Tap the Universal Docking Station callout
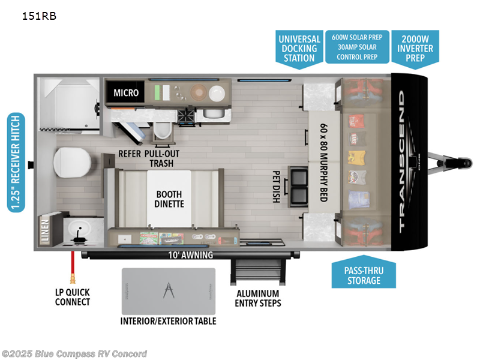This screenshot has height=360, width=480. tap(299, 47)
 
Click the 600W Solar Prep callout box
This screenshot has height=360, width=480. tap(357, 47)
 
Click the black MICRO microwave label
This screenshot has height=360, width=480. tap(126, 92)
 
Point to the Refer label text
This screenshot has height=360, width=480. tap(130, 154)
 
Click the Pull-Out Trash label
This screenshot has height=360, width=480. tap(163, 158)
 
